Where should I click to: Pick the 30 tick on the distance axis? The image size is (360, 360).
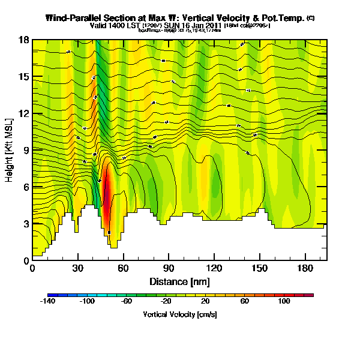click(78, 269)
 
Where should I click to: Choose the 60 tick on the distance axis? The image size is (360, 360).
click(123, 269)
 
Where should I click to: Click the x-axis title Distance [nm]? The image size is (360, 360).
click(179, 281)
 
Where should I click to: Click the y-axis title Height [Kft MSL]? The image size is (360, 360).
click(10, 150)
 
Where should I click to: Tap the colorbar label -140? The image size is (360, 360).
click(48, 302)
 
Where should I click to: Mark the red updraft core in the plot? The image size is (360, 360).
click(107, 195)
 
